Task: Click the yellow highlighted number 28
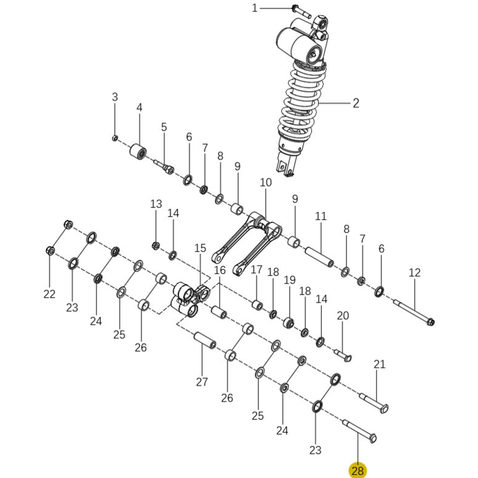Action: (358, 470)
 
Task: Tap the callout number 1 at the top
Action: (255, 8)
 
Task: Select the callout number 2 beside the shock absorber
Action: (356, 103)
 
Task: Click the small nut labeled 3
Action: (115, 138)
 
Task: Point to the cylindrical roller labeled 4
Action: (138, 151)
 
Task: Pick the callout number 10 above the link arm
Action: (266, 183)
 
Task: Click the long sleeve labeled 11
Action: (319, 257)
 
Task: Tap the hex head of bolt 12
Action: (430, 321)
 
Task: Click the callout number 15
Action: (200, 248)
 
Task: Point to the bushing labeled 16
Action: (219, 312)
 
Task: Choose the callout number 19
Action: (290, 280)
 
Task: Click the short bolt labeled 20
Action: (343, 355)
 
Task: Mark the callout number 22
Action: (49, 294)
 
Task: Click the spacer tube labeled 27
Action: (205, 340)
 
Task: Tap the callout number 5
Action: (164, 127)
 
